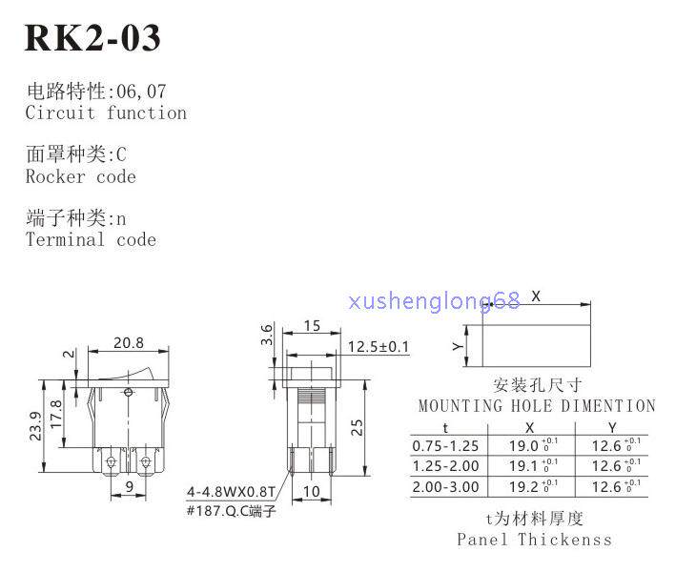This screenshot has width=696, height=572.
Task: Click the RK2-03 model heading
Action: coord(92,38)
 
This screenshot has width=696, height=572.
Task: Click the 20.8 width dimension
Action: coord(129,343)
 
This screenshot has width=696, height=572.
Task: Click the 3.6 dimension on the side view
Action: coord(268,335)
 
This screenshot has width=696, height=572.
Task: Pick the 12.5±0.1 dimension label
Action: coord(378,346)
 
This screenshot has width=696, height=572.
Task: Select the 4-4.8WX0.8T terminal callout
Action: coord(231,493)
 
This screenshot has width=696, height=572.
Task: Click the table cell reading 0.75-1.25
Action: coord(445,445)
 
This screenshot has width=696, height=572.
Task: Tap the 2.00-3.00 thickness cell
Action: coord(445,487)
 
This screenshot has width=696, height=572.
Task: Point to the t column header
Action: coord(444,427)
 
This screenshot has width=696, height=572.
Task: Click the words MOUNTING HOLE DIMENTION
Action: coord(537,406)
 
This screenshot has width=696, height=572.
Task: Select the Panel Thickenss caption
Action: coord(534,540)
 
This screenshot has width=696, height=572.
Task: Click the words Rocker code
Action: coord(81,176)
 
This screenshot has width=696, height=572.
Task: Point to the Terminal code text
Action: coord(91,239)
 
